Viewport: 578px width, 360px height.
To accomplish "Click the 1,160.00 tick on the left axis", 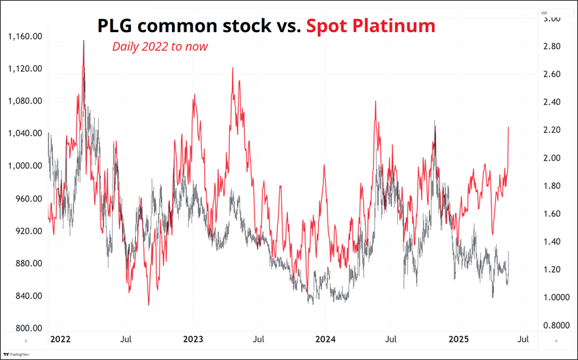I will pos(25,36).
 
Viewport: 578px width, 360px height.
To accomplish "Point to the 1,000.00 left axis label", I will pos(25,166).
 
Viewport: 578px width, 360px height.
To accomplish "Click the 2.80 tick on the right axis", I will pos(551,46).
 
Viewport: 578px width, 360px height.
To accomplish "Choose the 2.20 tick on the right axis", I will pos(551,130).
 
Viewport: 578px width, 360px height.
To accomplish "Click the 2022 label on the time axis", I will pos(60,339).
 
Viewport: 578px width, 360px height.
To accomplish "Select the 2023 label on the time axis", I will pos(193,339).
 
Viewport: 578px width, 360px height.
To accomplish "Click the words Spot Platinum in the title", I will pos(371,26).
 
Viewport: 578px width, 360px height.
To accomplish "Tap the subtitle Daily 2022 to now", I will pos(160,46).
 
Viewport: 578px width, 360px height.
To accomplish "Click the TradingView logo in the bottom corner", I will pos(10,355).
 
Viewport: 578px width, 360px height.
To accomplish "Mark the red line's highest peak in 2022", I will pos(84,40).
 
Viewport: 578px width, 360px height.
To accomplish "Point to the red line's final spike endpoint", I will pos(508,127).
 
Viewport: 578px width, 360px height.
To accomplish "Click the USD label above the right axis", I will pos(544,13).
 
